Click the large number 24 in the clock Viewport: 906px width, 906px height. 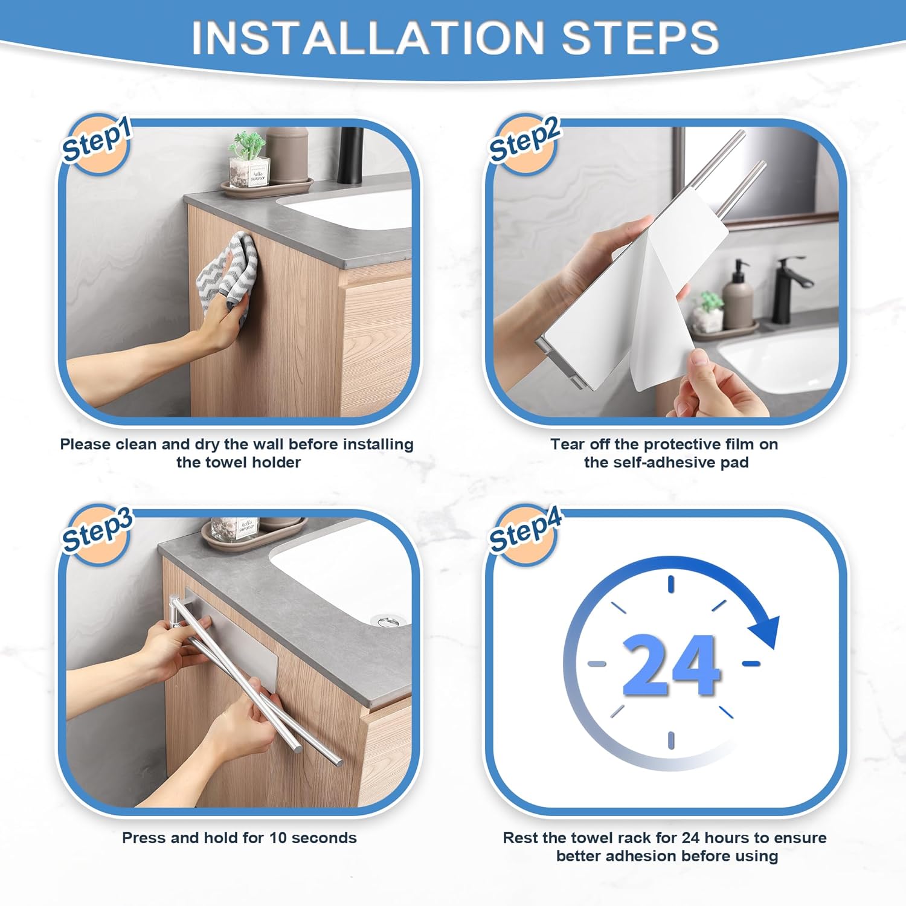pyautogui.click(x=671, y=665)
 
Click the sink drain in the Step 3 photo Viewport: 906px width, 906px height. pyautogui.click(x=381, y=620)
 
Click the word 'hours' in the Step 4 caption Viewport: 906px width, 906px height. pyautogui.click(x=725, y=838)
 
